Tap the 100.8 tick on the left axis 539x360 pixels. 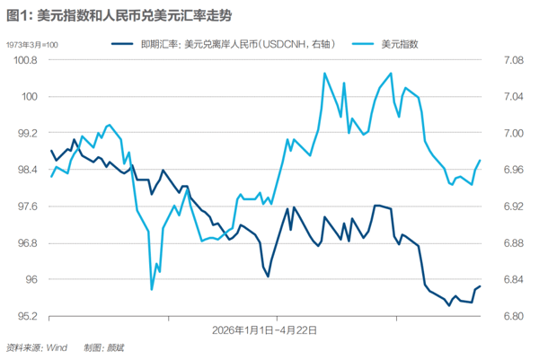click(x=22, y=60)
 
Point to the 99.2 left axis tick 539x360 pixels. click(x=22, y=133)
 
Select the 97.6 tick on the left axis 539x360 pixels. click(x=22, y=206)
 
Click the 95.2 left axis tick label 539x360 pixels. click(x=22, y=317)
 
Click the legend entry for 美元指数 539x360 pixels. click(x=400, y=42)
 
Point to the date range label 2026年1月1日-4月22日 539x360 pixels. click(x=264, y=329)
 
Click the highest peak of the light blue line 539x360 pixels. click(x=323, y=73)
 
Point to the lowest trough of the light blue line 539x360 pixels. click(x=152, y=289)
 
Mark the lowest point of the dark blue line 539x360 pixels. click(x=449, y=305)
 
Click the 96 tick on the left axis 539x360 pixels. click(x=28, y=280)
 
